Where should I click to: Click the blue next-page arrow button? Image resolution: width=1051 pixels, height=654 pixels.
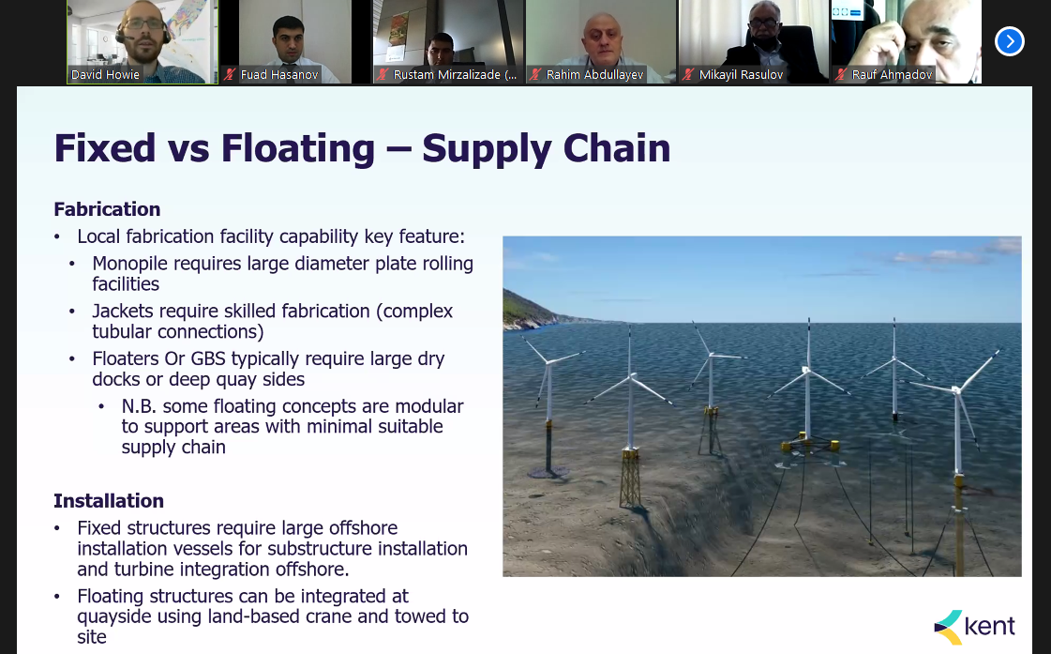(x=1010, y=41)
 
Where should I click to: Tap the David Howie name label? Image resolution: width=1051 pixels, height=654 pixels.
(x=105, y=74)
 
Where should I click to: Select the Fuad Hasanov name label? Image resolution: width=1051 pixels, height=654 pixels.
(x=278, y=74)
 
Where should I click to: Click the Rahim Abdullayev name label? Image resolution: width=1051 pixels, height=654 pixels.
(x=594, y=74)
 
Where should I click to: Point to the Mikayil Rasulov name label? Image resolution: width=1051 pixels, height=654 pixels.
(x=741, y=74)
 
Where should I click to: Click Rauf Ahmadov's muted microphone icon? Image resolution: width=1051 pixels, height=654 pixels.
(x=841, y=74)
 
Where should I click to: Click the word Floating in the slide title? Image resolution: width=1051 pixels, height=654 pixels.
(x=297, y=148)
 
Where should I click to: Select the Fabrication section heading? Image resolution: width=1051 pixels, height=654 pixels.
(x=107, y=209)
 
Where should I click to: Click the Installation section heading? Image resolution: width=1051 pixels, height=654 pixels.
(x=109, y=501)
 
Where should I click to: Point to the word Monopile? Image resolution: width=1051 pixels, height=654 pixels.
(x=129, y=264)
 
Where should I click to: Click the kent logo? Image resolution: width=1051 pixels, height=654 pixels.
(x=974, y=627)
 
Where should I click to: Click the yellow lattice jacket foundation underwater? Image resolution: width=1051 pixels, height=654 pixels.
(x=630, y=478)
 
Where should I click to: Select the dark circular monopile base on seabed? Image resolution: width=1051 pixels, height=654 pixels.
(x=548, y=472)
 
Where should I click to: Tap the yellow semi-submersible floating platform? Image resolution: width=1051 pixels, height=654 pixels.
(x=810, y=444)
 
